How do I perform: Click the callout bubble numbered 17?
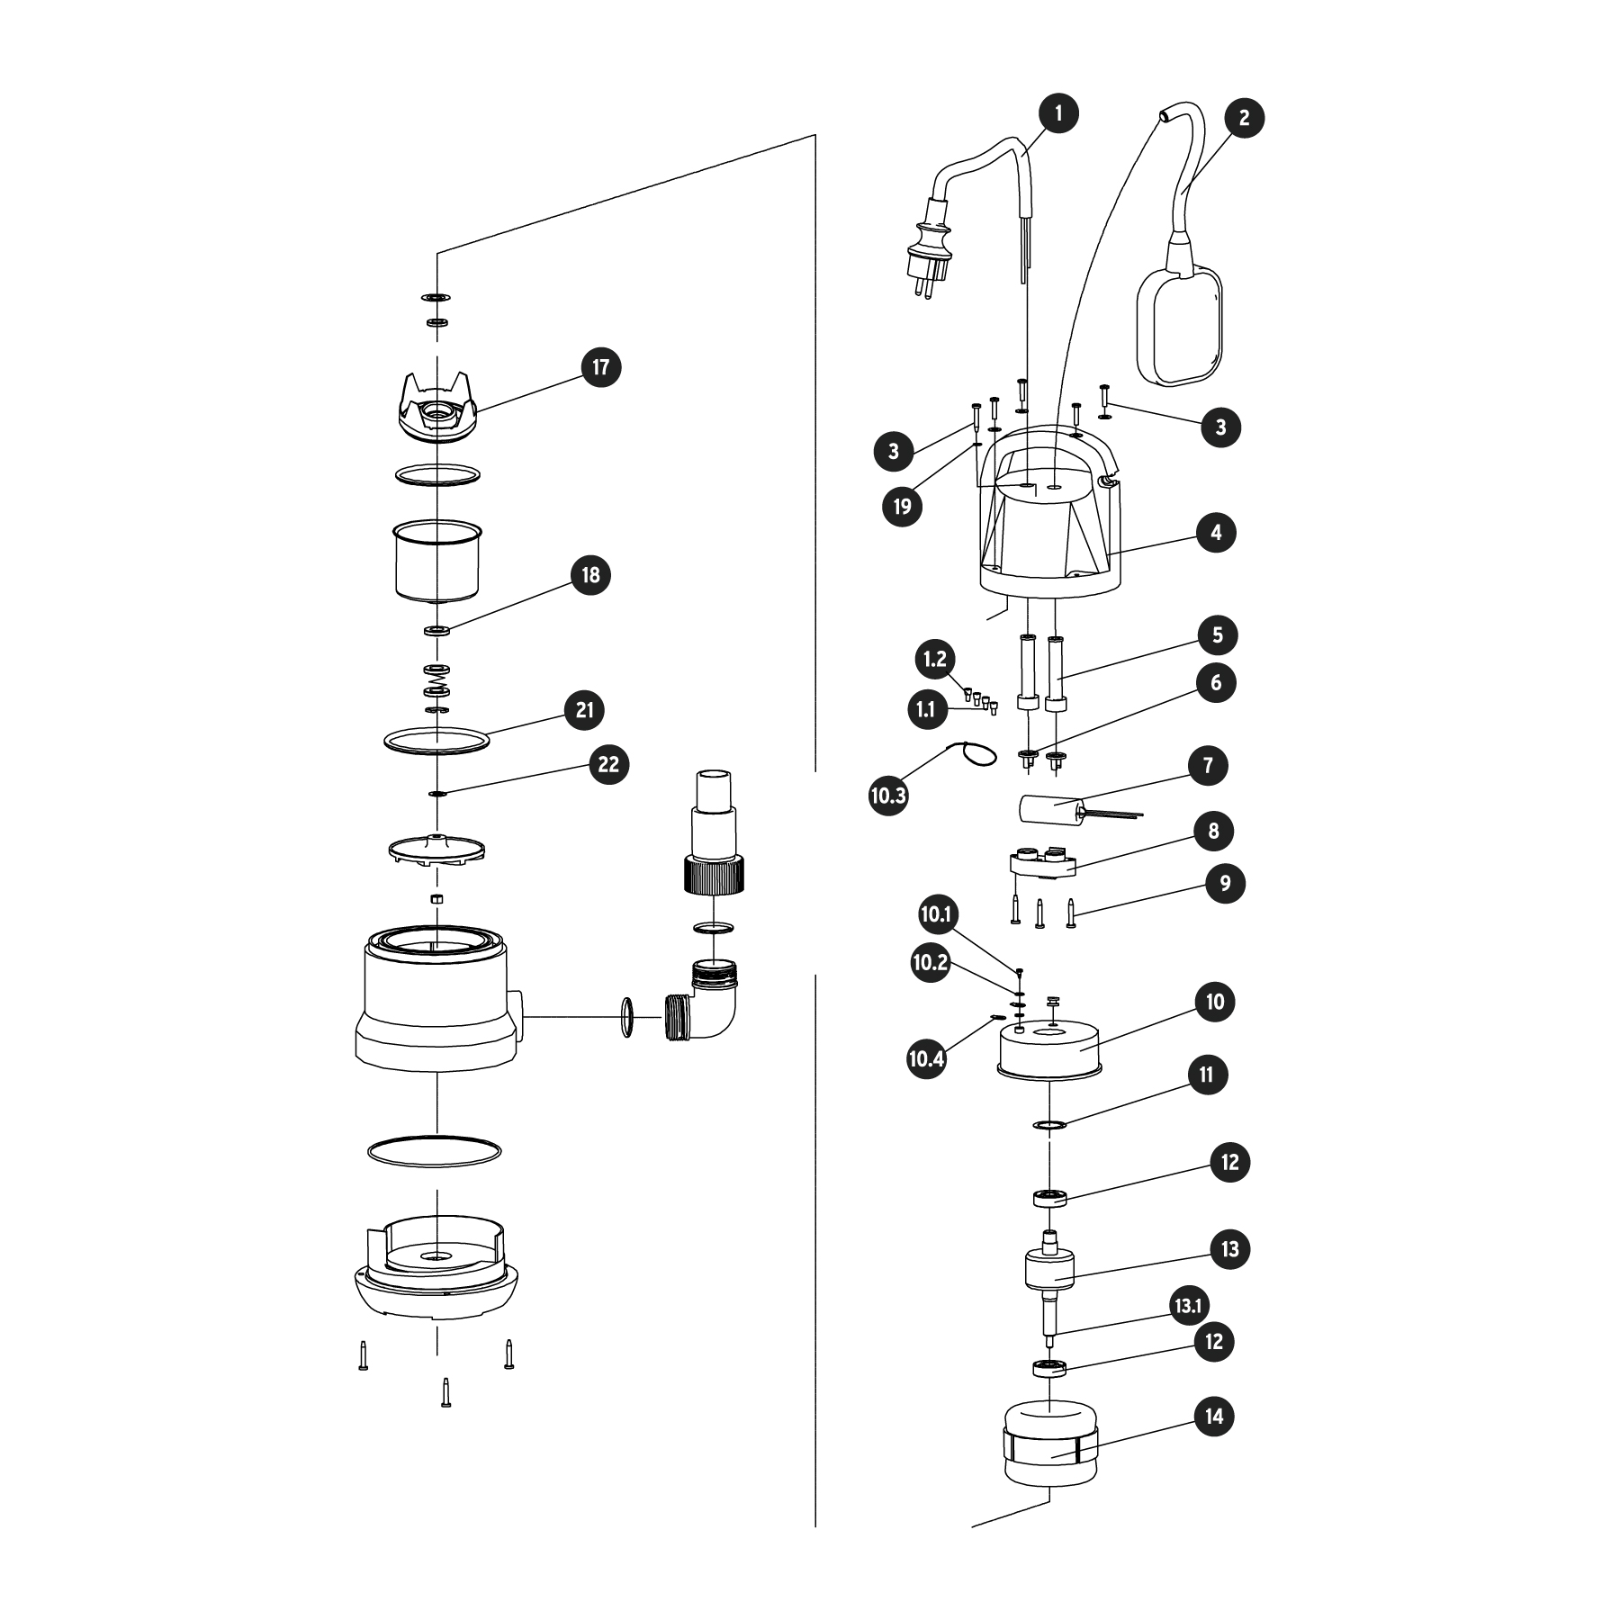pos(600,367)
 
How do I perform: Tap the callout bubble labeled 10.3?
pos(888,796)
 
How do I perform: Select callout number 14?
pos(1214,1417)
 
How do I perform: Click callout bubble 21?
pos(585,710)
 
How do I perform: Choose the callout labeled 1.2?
pos(935,660)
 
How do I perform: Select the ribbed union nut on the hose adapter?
pos(714,873)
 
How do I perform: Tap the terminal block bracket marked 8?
pos(1042,863)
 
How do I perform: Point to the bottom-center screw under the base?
pos(445,1392)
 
